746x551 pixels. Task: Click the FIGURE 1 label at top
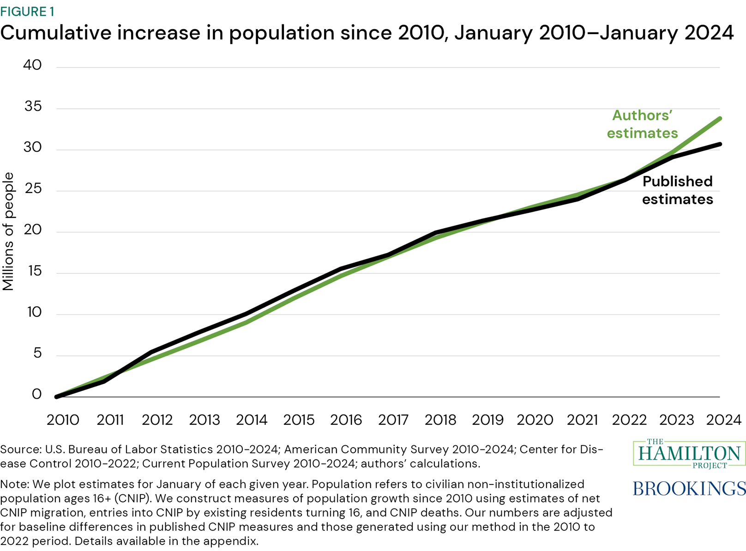(27, 11)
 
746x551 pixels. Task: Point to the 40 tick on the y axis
(32, 65)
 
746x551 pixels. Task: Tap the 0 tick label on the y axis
(36, 394)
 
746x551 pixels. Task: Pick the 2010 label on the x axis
(63, 420)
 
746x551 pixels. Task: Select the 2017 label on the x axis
(393, 420)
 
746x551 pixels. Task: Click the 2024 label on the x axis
(723, 420)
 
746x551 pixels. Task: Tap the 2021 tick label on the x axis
(582, 420)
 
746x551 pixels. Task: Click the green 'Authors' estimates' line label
(642, 124)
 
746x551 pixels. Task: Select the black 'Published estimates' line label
(677, 190)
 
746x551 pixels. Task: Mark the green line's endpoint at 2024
(720, 119)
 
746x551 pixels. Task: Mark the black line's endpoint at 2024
(720, 144)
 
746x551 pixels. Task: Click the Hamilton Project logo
(689, 454)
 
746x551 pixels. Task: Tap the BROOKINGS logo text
(689, 489)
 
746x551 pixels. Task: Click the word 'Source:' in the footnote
(20, 449)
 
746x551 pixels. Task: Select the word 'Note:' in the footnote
(15, 484)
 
